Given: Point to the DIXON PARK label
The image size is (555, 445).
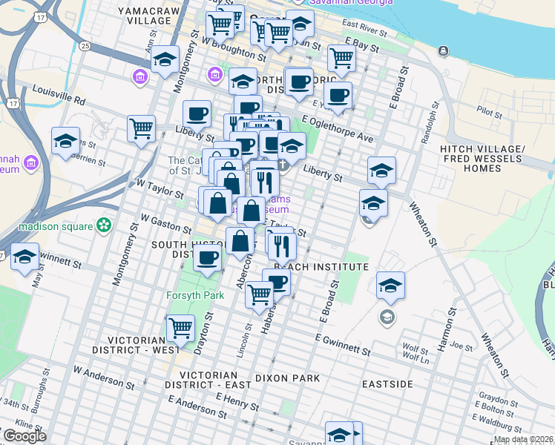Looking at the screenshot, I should point(287,378).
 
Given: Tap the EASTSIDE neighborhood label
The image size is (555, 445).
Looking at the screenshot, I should point(387,384).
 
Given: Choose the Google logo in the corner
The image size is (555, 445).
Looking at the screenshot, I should point(24,436).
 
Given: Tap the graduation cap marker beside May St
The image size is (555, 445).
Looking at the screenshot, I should point(25,257).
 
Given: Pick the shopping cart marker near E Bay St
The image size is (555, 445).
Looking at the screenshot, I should point(341,57).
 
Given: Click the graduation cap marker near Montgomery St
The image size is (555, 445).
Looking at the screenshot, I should point(165,59).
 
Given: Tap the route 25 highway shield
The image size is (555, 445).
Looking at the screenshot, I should point(85,46).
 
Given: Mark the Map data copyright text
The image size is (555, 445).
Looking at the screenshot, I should point(522,439).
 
